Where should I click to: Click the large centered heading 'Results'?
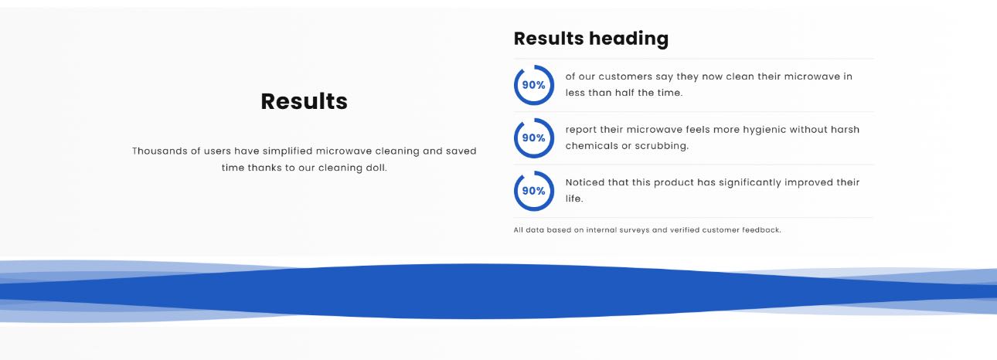point(304,101)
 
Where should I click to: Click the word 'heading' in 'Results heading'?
point(628,39)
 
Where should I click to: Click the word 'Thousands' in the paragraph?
point(159,151)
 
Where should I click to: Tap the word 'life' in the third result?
point(574,199)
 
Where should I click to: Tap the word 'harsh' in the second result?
point(845,130)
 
